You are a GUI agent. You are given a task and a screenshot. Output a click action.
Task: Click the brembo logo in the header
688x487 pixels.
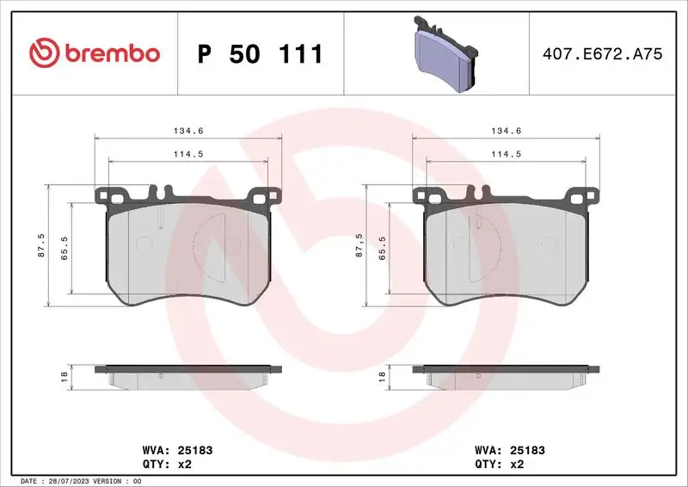95,53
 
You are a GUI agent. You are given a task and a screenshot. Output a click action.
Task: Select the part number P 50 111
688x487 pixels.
260,54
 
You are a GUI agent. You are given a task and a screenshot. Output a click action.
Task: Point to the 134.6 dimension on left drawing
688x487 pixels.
189,131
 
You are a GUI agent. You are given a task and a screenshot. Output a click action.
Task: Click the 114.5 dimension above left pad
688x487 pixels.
189,154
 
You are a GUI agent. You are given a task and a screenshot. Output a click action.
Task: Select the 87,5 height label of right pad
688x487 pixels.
359,244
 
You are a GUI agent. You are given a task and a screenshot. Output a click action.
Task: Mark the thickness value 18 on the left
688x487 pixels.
63,376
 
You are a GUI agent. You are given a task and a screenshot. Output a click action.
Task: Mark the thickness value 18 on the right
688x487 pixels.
382,376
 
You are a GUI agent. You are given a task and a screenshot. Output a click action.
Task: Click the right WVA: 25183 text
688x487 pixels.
510,450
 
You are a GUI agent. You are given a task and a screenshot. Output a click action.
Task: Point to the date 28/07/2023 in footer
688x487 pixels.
64,481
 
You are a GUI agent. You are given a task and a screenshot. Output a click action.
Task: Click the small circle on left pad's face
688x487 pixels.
144,244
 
